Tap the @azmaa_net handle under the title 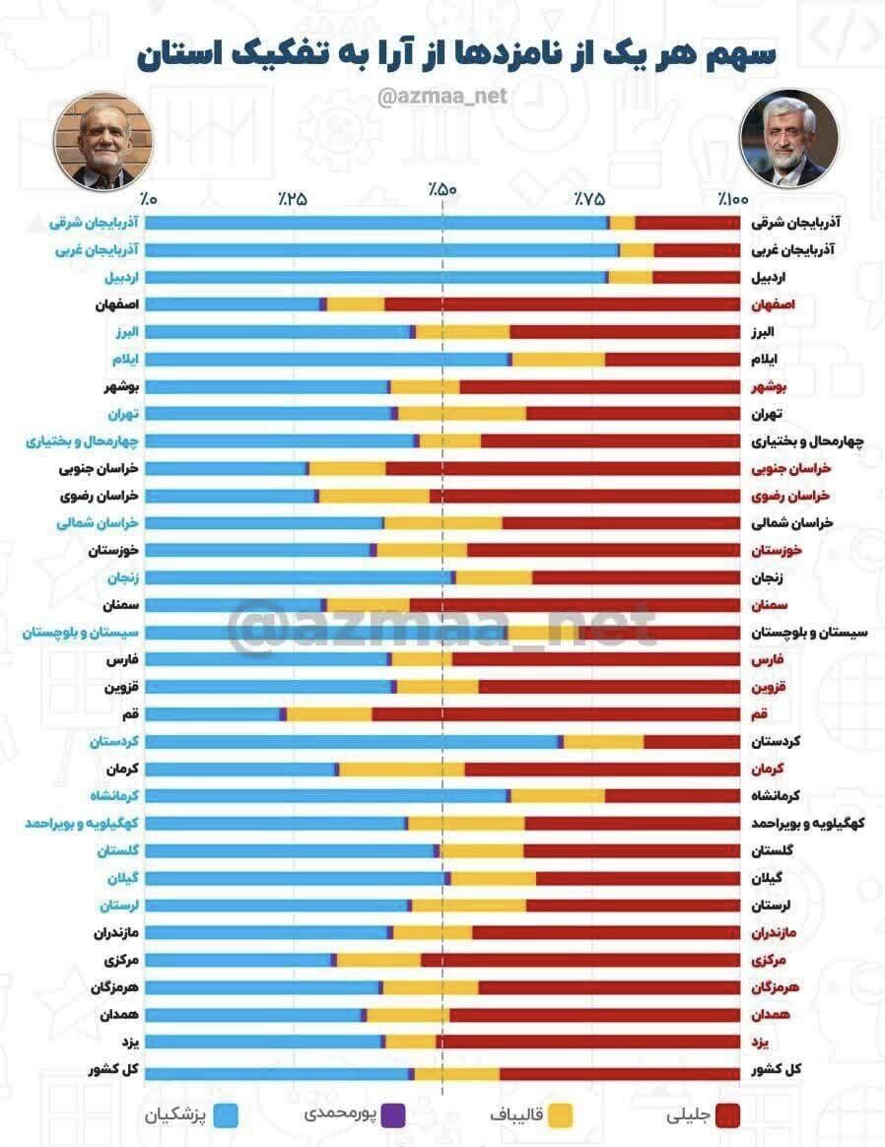coord(442,97)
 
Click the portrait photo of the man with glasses coord(103,144)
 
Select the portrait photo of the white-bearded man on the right coord(784,139)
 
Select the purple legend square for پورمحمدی coord(393,1114)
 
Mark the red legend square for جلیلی coord(727,1114)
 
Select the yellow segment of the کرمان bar coord(402,769)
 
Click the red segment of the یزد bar coord(587,1042)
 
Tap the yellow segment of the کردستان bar coord(604,742)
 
